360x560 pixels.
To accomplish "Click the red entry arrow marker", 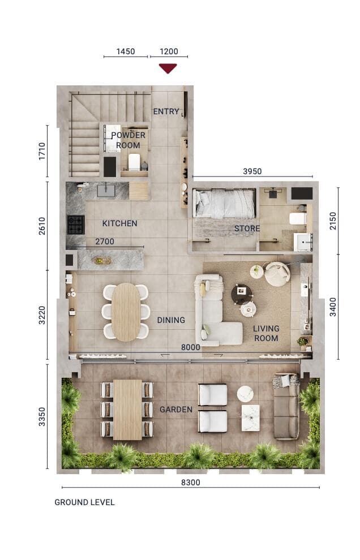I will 168,68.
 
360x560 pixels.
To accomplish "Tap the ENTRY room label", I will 166,111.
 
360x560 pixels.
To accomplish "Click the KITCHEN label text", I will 119,223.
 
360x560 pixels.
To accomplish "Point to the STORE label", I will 247,229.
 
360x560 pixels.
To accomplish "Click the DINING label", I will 171,320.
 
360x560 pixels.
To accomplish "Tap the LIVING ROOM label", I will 265,333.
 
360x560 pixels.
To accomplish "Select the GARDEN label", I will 175,410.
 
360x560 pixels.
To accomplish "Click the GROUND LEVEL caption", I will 84,502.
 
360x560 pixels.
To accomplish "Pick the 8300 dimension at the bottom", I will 190,483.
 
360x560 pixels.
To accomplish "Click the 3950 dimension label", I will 252,171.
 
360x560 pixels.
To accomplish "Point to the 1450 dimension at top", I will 126,51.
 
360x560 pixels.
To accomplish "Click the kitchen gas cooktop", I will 75,225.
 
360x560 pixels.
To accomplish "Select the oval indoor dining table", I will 126,312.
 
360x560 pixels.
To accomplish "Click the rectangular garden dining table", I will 127,410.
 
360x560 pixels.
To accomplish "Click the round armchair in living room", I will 277,274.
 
